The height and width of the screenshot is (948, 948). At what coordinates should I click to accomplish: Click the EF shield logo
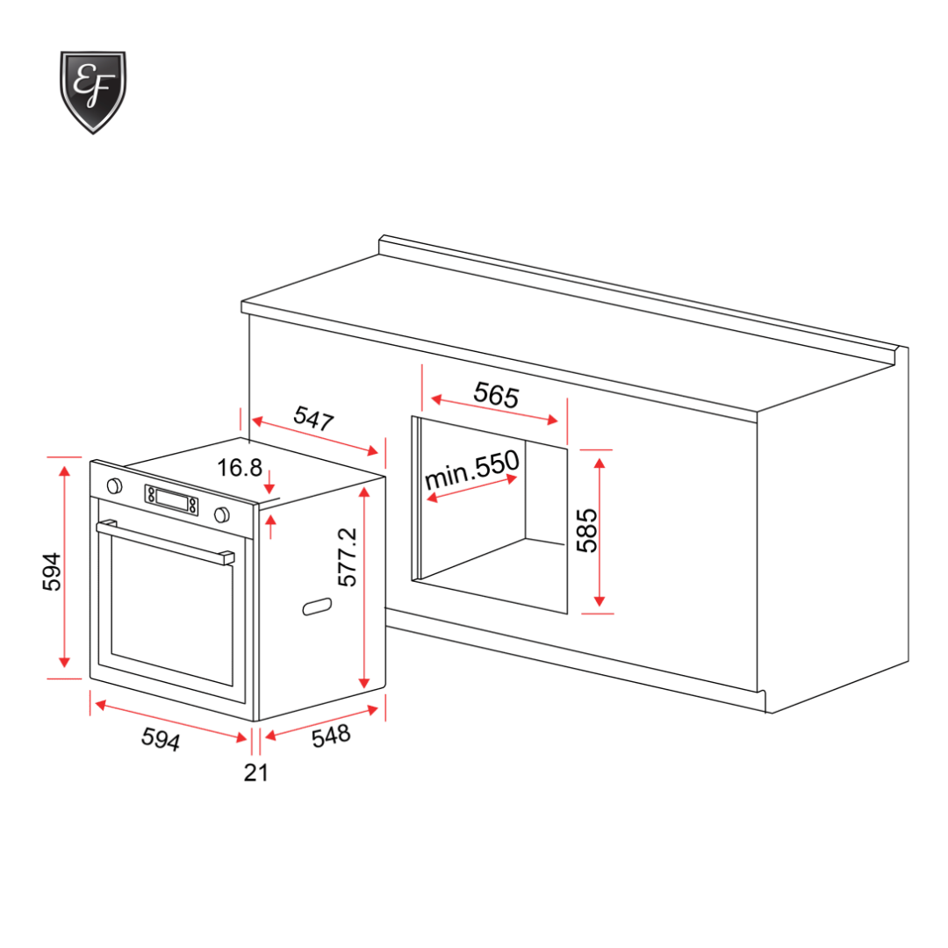[92, 91]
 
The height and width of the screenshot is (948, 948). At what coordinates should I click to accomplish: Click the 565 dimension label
[496, 394]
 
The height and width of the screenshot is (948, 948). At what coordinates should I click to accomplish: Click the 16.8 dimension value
[240, 468]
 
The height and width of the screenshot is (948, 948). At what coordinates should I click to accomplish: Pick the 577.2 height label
[348, 557]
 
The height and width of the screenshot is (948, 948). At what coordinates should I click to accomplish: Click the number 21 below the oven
[255, 772]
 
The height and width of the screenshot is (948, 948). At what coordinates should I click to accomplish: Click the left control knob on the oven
[114, 485]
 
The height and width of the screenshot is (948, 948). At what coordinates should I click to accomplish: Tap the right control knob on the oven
[221, 513]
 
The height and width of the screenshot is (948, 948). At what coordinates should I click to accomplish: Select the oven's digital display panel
[172, 500]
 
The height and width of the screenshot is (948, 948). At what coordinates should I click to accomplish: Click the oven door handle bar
[165, 542]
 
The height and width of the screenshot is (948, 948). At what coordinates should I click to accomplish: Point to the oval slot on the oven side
[317, 606]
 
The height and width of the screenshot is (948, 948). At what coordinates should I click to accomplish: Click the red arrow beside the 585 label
[600, 530]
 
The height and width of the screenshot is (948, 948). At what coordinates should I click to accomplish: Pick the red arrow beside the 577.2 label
[364, 587]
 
